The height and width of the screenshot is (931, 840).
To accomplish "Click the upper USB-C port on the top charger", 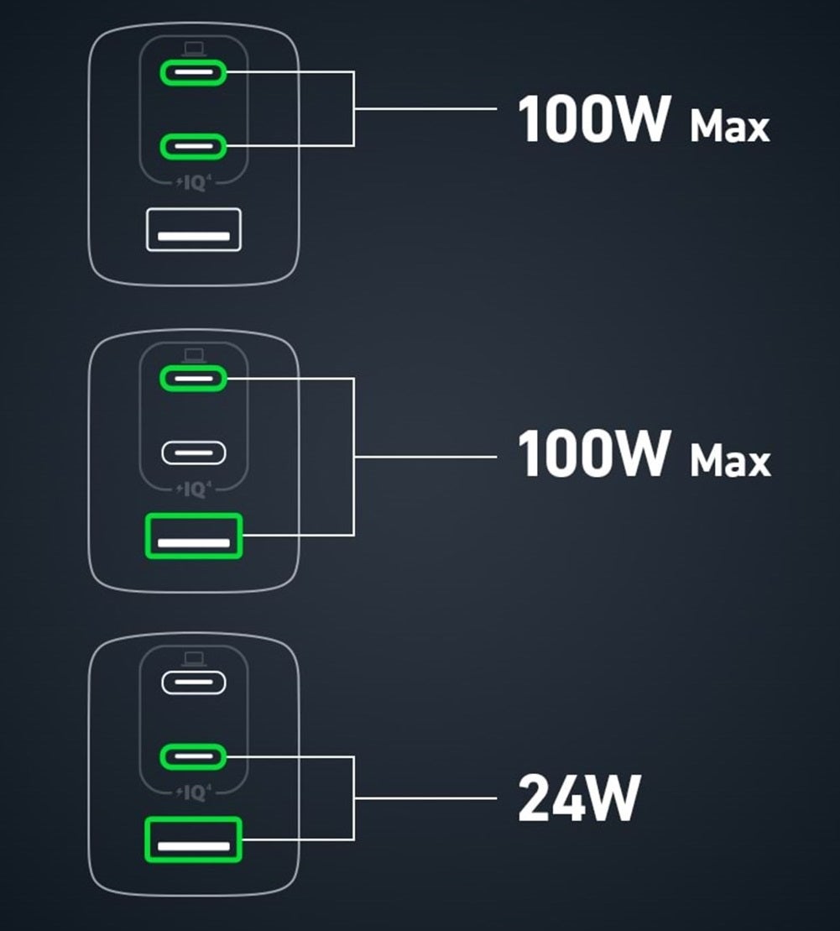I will pyautogui.click(x=194, y=74).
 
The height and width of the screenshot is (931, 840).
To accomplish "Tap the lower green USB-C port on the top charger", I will pyautogui.click(x=194, y=146).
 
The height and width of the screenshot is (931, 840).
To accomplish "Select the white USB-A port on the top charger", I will pyautogui.click(x=194, y=229).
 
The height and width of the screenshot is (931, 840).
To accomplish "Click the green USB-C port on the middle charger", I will pyautogui.click(x=194, y=379).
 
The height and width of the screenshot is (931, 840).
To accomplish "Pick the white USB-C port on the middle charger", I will pyautogui.click(x=194, y=452).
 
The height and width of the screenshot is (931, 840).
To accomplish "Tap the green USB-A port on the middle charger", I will pyautogui.click(x=194, y=536).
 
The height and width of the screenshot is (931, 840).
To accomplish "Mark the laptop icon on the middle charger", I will pyautogui.click(x=194, y=356).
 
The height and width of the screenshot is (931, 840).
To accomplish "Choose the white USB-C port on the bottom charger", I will pyautogui.click(x=194, y=683).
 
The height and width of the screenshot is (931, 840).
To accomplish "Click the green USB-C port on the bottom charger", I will pyautogui.click(x=194, y=756).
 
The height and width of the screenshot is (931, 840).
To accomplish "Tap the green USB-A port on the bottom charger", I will pyautogui.click(x=194, y=839).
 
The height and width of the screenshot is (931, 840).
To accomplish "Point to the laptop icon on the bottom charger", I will pyautogui.click(x=194, y=659).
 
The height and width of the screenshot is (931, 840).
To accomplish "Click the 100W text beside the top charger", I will pyautogui.click(x=594, y=119).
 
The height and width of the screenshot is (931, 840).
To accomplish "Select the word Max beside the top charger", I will pyautogui.click(x=729, y=127).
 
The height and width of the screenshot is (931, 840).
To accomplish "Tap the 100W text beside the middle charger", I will pyautogui.click(x=594, y=453).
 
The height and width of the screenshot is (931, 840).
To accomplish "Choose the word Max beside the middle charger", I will pyautogui.click(x=729, y=461).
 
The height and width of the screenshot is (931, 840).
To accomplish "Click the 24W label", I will pyautogui.click(x=578, y=798).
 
